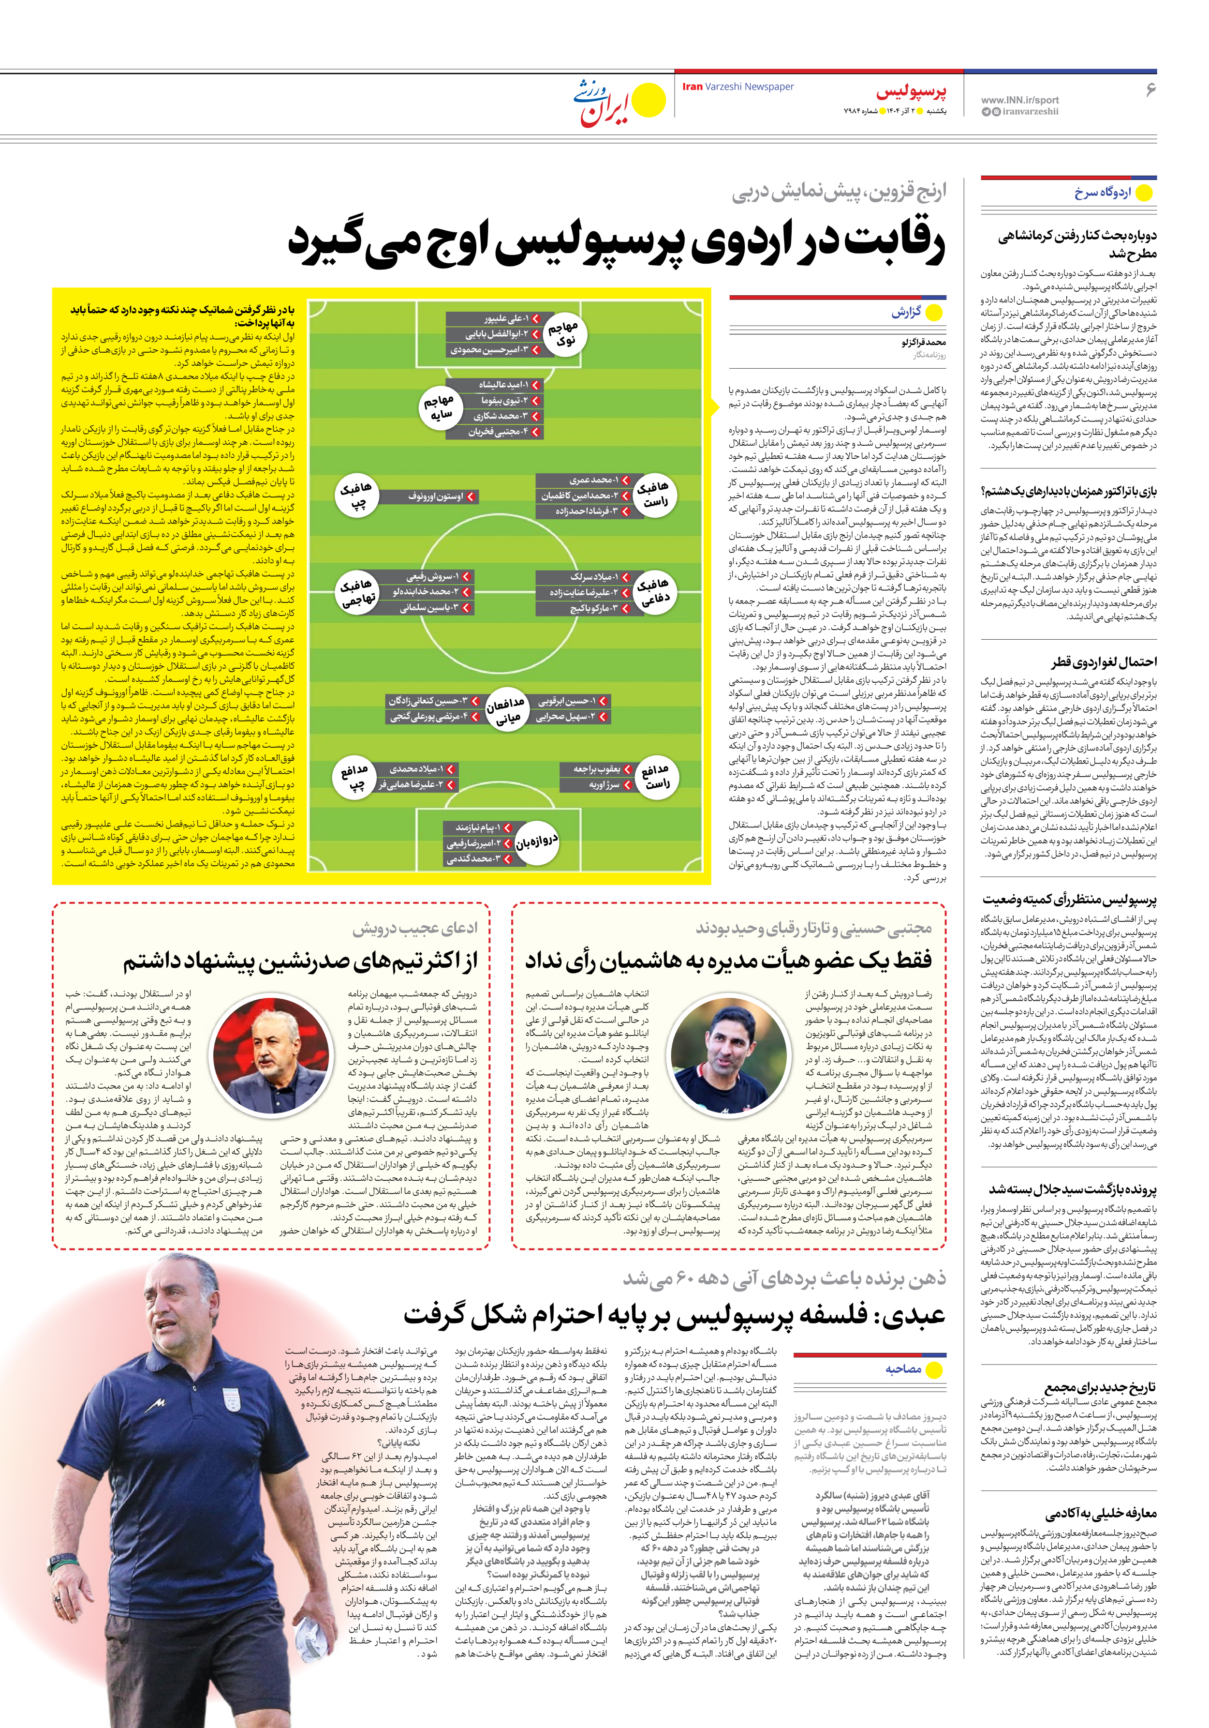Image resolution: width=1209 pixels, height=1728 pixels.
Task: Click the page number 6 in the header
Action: [1150, 90]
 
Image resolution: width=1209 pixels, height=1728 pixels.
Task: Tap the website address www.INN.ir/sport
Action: [1019, 99]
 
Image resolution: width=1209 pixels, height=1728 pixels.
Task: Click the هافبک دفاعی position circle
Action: [652, 591]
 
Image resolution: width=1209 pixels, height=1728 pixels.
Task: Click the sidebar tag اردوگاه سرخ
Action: [1102, 193]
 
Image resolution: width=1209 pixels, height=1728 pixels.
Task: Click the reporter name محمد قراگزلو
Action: [923, 343]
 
